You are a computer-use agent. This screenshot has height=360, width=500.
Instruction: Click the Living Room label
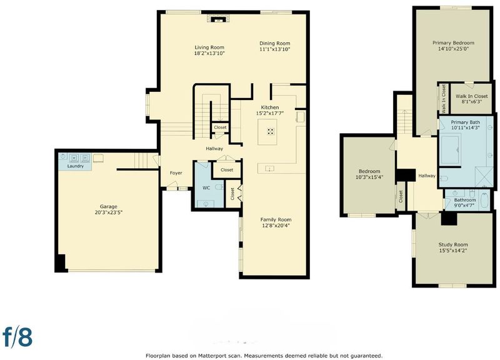[x=209, y=47]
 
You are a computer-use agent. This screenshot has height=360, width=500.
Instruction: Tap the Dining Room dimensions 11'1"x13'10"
[x=274, y=49]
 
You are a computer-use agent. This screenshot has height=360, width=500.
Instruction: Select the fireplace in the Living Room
[x=218, y=19]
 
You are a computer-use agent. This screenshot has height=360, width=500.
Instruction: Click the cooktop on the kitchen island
[x=271, y=131]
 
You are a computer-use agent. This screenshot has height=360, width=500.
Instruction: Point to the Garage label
[x=108, y=207]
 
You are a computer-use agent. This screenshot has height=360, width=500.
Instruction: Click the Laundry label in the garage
[x=76, y=166]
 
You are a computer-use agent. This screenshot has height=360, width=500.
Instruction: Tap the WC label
[x=206, y=187]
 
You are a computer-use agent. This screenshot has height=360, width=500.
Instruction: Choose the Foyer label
[x=176, y=173]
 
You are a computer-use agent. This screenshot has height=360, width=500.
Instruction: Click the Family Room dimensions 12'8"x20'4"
[x=276, y=226]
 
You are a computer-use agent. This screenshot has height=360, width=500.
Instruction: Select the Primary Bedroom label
[x=453, y=42]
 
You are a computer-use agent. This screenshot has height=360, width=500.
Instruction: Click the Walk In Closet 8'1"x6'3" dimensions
[x=472, y=102]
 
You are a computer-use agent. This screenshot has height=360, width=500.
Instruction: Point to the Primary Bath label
[x=465, y=122]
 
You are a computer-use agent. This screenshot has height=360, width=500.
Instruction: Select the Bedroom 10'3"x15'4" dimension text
[x=369, y=177]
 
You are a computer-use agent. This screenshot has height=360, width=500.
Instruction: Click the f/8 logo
[x=17, y=336]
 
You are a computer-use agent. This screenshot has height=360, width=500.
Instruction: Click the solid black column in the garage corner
[x=61, y=262]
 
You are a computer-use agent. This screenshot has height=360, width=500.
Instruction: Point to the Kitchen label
[x=270, y=107]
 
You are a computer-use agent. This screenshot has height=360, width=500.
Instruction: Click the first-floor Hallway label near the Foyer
[x=214, y=149]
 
